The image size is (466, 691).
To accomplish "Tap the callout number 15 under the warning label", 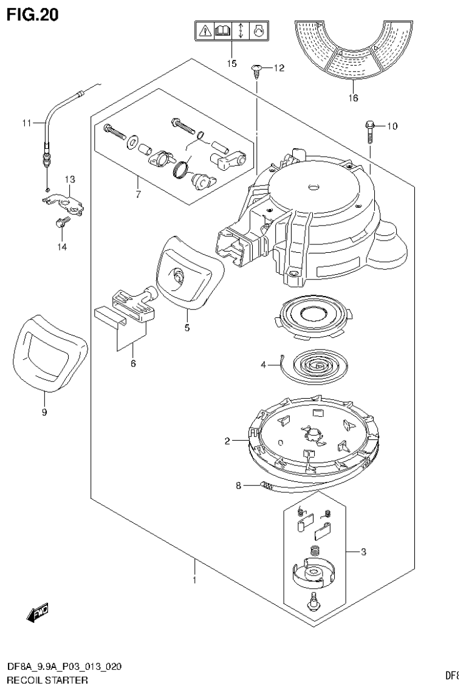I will tap(231, 63).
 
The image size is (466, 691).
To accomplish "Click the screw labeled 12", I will tap(256, 70).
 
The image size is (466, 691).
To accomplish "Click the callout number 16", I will tap(353, 97).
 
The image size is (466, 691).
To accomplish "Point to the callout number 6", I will tap(132, 363).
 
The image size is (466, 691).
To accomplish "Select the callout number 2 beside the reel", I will tap(227, 441).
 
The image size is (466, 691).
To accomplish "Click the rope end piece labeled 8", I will tap(268, 485).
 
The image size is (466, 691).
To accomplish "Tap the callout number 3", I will tap(363, 552).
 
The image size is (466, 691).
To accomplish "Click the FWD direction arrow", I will tap(37, 613).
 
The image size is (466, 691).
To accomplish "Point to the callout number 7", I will tap(137, 194).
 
